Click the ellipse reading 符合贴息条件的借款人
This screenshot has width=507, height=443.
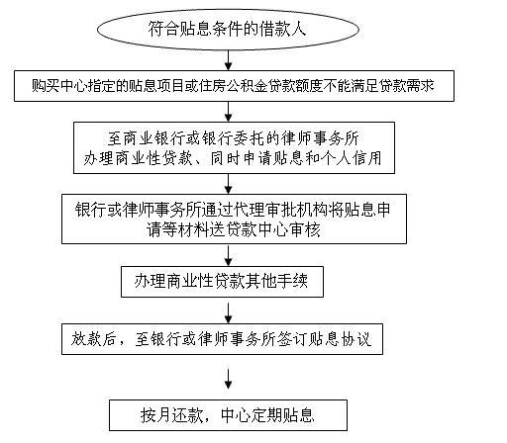pyautogui.click(x=228, y=29)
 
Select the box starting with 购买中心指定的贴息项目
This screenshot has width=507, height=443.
pyautogui.click(x=234, y=86)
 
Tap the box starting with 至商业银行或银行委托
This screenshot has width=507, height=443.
pyautogui.click(x=234, y=147)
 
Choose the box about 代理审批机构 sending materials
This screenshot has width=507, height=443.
pyautogui.click(x=234, y=220)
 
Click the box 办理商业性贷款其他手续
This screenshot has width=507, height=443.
pyautogui.click(x=222, y=282)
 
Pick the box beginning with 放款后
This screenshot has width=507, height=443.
pyautogui.click(x=222, y=339)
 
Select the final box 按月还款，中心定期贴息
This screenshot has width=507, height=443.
pyautogui.click(x=228, y=415)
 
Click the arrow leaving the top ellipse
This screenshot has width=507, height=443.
pyautogui.click(x=228, y=60)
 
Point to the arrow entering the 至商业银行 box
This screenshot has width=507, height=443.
pyautogui.click(x=228, y=112)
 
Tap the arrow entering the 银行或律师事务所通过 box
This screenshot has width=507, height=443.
pyautogui.click(x=228, y=184)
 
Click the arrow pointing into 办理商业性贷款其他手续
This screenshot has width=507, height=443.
pyautogui.click(x=228, y=255)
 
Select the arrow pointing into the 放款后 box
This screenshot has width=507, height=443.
pyautogui.click(x=228, y=313)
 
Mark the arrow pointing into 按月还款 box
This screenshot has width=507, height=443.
pyautogui.click(x=228, y=379)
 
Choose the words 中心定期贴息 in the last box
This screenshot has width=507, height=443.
pyautogui.click(x=267, y=415)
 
